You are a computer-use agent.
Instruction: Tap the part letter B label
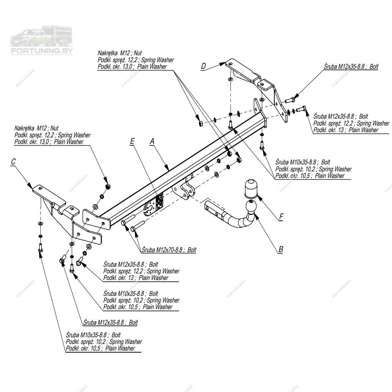(280, 250)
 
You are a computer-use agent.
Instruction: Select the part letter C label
(13, 161)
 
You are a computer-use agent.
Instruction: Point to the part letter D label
(204, 66)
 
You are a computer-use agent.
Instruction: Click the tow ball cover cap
(251, 188)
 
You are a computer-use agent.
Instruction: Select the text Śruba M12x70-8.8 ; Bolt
(169, 250)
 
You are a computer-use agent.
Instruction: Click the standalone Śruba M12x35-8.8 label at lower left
(110, 322)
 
